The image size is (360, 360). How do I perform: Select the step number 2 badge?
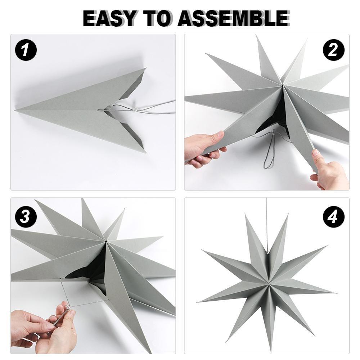coord(333,49)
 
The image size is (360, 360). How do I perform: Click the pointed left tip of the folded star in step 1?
coord(17,110)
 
